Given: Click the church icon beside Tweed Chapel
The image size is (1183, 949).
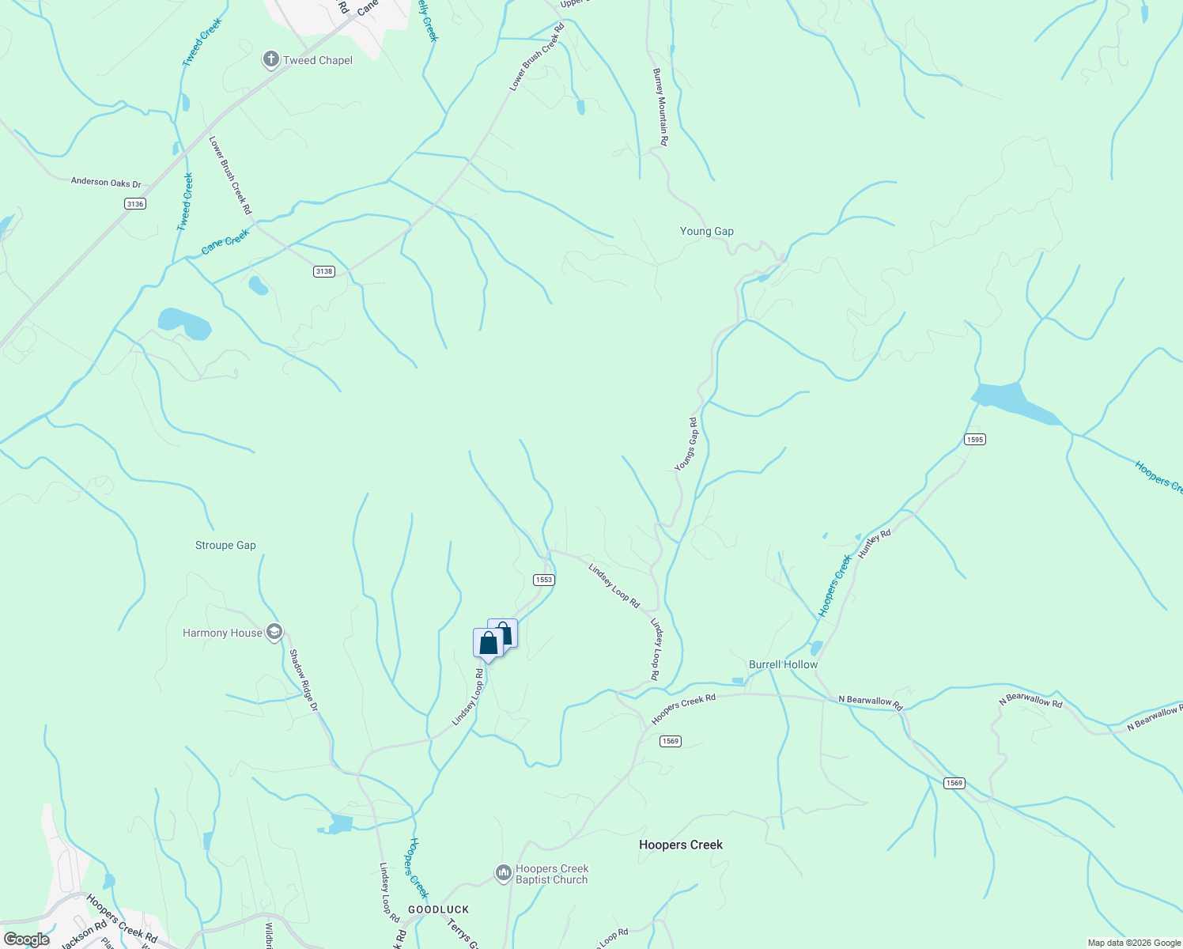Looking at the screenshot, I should [x=270, y=59].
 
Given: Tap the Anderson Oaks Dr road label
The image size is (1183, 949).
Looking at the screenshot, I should [x=106, y=182].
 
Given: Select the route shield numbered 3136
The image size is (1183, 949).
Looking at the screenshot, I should [x=135, y=204].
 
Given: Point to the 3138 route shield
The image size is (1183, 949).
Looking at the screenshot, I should [x=324, y=271].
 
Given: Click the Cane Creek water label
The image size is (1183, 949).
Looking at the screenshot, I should [x=225, y=241].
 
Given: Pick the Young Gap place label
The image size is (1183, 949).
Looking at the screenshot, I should [x=706, y=231].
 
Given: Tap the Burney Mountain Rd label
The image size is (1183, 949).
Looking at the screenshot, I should [x=660, y=107].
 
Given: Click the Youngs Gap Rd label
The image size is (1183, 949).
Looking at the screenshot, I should [x=686, y=444].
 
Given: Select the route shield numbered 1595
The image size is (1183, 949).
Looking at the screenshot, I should [x=974, y=440].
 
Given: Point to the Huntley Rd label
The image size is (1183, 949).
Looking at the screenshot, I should [x=874, y=545].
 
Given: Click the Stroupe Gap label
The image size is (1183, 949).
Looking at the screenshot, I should [x=225, y=545].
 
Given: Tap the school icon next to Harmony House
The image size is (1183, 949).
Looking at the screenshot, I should [x=274, y=633].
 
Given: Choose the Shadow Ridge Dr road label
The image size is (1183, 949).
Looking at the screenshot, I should [x=303, y=679].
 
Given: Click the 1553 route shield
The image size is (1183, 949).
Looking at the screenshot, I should [x=543, y=580].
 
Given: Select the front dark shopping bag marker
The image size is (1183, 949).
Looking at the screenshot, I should [x=488, y=642].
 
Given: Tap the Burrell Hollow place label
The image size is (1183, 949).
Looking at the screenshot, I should [x=783, y=664].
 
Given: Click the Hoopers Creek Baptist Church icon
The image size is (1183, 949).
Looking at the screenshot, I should [x=504, y=873].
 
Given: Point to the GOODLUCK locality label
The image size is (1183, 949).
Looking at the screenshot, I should [x=438, y=909].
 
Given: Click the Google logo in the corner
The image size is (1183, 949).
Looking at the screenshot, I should [x=26, y=940].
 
